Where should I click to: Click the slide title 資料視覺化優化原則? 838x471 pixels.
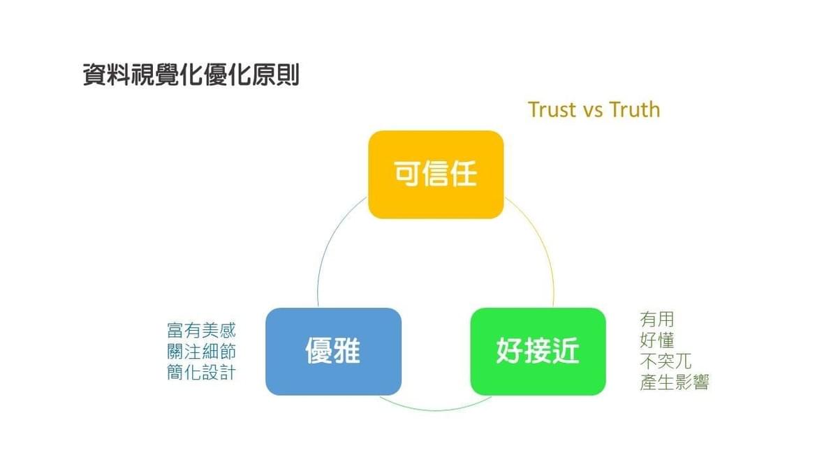point(191,75)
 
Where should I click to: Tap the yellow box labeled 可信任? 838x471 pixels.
point(436,174)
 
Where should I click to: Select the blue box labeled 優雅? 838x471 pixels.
point(333,352)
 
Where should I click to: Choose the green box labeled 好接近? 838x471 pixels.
point(538,352)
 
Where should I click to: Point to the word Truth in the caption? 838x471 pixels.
point(635,110)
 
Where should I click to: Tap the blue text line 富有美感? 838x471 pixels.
point(201,331)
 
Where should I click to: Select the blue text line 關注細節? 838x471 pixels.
point(201,352)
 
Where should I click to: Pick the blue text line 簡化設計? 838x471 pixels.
point(201,373)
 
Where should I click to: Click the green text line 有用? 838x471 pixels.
point(657,320)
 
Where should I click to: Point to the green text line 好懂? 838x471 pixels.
point(657,341)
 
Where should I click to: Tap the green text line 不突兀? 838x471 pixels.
point(666,361)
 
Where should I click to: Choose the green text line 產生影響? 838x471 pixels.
point(674,382)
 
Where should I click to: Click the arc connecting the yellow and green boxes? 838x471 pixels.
point(541,239)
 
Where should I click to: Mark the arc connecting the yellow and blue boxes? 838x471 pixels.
point(330,239)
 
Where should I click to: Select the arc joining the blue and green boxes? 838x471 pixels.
point(436,410)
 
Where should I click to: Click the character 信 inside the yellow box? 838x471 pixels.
point(436,174)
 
